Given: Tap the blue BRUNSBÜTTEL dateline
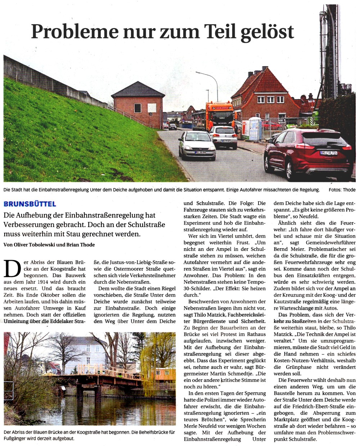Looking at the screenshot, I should pos(30,204).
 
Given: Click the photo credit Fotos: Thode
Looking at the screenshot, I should pos(342,190).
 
